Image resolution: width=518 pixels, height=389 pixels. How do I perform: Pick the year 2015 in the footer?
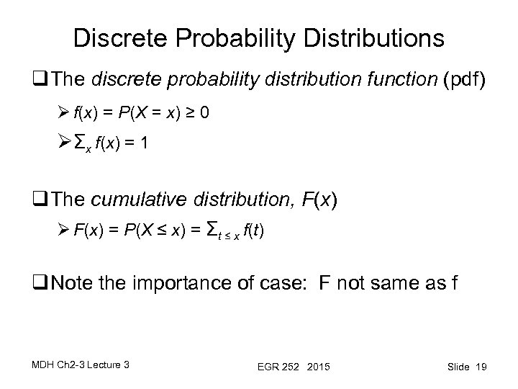[x=316, y=367]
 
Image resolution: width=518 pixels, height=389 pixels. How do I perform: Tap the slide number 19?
[x=481, y=367]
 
